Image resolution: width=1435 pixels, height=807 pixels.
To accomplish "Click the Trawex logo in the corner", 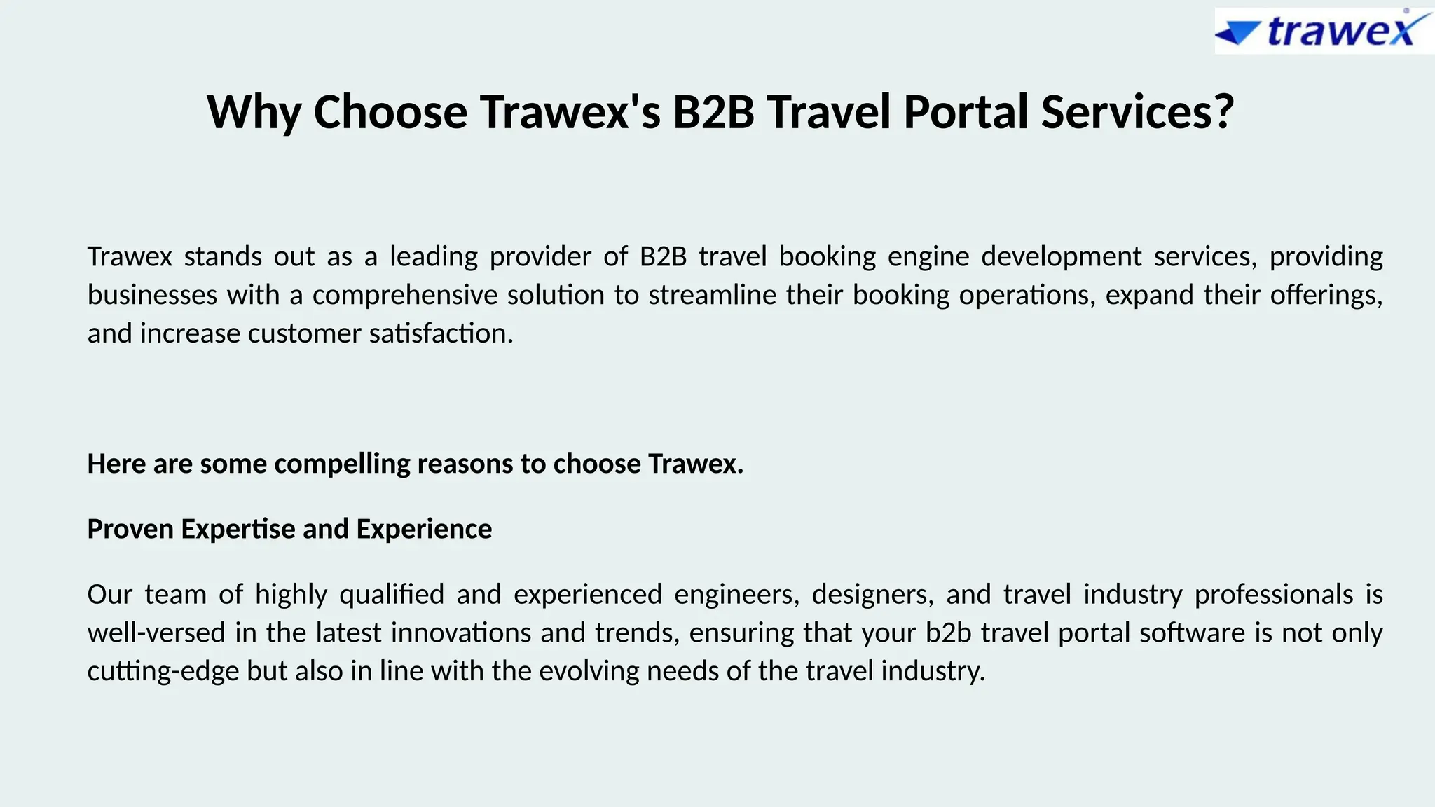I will [x=1324, y=32].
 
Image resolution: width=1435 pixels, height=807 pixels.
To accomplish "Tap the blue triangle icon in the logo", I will [x=1239, y=33].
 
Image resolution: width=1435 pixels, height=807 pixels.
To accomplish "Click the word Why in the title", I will [x=254, y=112].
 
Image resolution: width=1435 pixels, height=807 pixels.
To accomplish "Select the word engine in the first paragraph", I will [x=928, y=256].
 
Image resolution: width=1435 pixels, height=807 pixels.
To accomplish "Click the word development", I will [x=1061, y=256].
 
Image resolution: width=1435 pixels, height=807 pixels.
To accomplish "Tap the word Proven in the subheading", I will [x=130, y=529].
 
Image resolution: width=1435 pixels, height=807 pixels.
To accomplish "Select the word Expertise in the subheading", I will [x=238, y=529].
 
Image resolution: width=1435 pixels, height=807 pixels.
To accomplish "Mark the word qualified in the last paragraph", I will [x=392, y=595].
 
